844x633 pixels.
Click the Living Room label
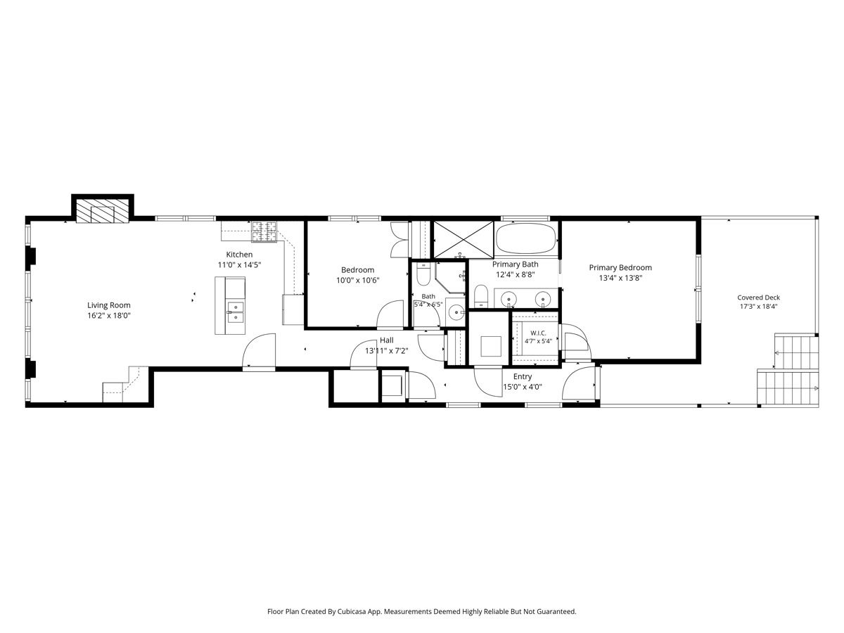(x=109, y=305)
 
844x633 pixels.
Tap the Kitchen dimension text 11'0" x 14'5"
(x=239, y=265)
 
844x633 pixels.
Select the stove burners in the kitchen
(x=264, y=232)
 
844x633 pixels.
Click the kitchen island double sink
(x=236, y=312)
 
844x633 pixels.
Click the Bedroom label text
(x=357, y=270)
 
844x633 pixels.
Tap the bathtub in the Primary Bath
(x=525, y=238)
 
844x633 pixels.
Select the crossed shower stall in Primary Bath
(x=463, y=239)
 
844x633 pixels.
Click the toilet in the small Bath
(x=423, y=274)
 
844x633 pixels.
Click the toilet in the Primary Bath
(x=480, y=296)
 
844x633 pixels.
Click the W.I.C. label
(x=538, y=333)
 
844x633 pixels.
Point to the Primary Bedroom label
(x=620, y=267)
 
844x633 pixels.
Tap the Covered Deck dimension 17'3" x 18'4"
(x=759, y=307)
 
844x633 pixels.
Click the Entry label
(x=523, y=376)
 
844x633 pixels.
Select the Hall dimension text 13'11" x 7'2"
(x=386, y=350)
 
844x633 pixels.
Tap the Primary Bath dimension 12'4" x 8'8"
(x=516, y=274)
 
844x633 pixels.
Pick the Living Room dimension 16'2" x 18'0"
(x=109, y=316)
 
